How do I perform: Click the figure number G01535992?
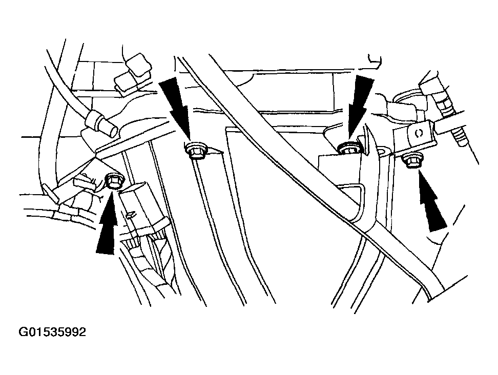pos(52,332)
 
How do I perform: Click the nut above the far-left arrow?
pos(112,181)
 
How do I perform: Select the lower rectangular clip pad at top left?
pos(128,82)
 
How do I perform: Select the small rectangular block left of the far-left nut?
pos(81,182)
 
